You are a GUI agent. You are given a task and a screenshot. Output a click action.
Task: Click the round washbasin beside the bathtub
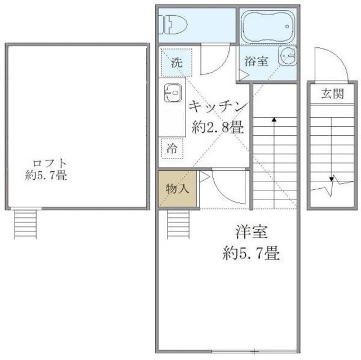(x=288, y=59)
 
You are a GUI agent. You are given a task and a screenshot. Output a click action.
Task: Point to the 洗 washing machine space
(x=177, y=63)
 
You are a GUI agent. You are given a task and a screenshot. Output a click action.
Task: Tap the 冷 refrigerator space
(x=171, y=149)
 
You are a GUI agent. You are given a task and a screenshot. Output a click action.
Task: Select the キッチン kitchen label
(x=218, y=106)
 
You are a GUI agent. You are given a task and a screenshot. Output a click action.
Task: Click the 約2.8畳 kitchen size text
(x=218, y=127)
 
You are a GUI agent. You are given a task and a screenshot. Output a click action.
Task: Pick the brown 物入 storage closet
(x=178, y=189)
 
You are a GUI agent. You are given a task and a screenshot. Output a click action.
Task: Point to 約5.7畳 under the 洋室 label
(x=250, y=252)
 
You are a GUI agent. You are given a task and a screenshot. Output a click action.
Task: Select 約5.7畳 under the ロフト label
(x=46, y=175)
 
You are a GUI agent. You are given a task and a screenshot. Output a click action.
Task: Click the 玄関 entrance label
(x=333, y=94)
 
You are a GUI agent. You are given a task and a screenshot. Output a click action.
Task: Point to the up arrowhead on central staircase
(x=274, y=119)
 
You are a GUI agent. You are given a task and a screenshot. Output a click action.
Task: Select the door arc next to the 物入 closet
(x=223, y=189)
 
